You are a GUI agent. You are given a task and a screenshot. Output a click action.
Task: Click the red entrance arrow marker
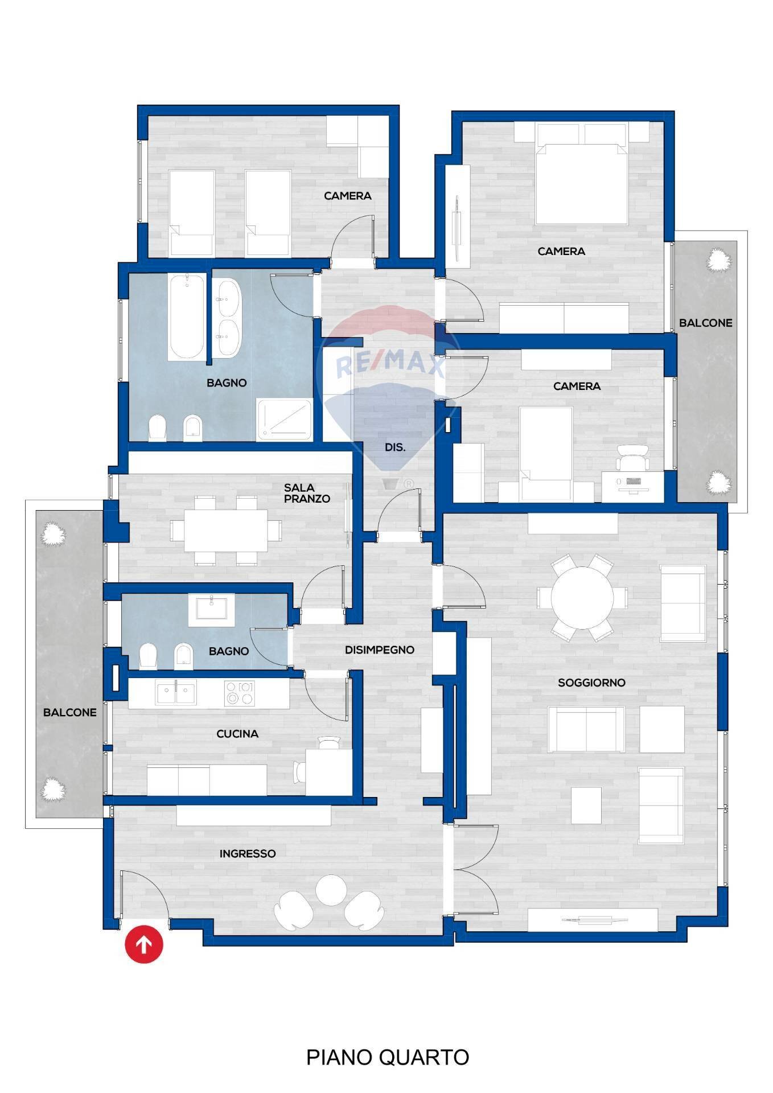(144, 945)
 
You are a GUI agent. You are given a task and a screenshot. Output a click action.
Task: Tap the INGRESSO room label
(248, 853)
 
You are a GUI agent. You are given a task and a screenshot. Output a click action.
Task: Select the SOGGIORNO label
(591, 683)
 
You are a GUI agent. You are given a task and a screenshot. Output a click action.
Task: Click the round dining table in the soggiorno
(582, 598)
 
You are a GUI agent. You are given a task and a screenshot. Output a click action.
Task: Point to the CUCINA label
(237, 734)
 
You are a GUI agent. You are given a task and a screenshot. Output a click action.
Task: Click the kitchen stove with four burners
(239, 693)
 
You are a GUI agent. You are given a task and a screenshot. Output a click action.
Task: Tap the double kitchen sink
(176, 693)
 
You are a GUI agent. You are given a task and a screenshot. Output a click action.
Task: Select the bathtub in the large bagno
(187, 316)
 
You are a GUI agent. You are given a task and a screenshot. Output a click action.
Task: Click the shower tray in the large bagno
(285, 420)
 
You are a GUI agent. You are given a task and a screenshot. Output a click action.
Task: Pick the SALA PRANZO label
(307, 493)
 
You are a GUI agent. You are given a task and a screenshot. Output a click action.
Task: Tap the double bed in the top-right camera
(581, 182)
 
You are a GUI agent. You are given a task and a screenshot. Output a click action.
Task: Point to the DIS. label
(395, 447)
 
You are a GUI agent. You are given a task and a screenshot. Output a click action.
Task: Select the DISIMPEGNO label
(379, 650)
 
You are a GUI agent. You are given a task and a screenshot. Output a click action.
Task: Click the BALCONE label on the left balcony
(69, 712)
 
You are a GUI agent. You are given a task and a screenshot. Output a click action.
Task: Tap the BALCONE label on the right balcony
(705, 323)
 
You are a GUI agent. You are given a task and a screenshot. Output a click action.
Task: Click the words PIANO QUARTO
(387, 1057)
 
